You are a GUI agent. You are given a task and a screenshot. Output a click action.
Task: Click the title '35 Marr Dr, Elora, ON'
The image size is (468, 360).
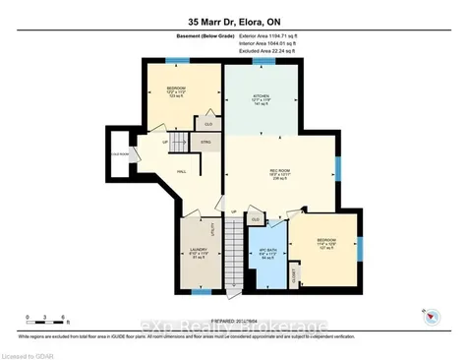click(233, 21)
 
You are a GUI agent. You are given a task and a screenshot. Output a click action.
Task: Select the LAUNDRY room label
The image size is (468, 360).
click(199, 254)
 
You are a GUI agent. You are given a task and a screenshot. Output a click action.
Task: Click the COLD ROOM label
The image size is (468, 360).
click(120, 154)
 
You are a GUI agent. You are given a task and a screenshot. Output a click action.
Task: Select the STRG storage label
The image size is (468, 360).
click(205, 144)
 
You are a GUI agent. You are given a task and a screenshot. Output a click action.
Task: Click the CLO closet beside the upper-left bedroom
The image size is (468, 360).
click(207, 123)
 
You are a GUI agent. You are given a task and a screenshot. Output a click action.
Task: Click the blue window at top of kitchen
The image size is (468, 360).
click(263, 62)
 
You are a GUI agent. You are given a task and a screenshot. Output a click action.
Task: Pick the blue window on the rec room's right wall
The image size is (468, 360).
click(337, 162)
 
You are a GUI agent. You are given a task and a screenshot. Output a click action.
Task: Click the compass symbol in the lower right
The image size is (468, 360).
click(429, 315)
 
